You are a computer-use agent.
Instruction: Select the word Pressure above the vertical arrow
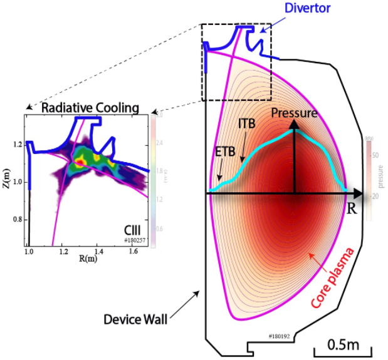coord(295,113)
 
